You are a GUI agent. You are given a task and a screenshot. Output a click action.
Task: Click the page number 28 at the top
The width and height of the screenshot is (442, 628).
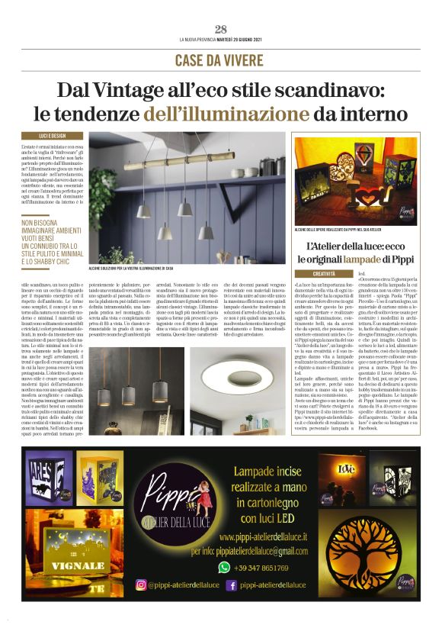pos(221,29)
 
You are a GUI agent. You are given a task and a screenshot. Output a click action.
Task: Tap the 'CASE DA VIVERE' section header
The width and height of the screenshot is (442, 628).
pos(220,60)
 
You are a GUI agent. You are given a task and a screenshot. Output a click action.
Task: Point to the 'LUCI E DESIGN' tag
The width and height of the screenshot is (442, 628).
pos(43,134)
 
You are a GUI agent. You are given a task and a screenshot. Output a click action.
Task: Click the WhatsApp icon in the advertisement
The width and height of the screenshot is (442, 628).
pos(223,567)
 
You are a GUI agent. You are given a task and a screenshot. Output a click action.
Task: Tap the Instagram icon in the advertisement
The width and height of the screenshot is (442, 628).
pos(140,585)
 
